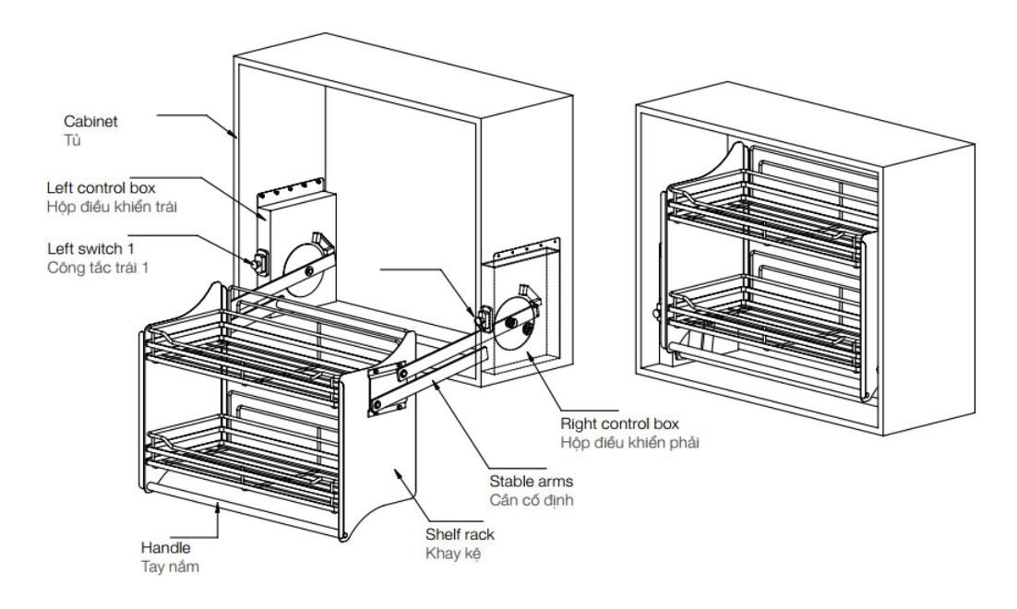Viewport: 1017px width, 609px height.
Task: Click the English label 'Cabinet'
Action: coord(85,120)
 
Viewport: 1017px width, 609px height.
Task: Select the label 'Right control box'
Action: coord(620,424)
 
